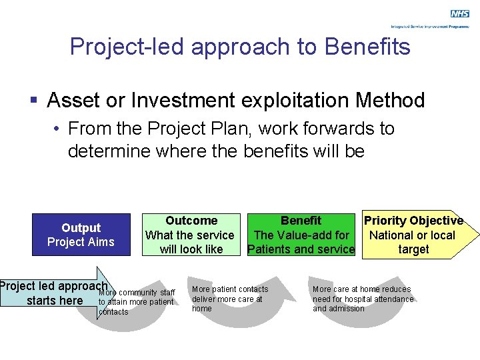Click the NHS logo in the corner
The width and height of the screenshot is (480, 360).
[x=459, y=14]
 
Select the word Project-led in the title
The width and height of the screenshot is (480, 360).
[x=119, y=46]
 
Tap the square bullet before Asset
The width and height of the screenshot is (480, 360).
[x=34, y=101]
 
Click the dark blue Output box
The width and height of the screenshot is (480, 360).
[x=81, y=235]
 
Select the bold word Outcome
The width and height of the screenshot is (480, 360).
[x=191, y=221]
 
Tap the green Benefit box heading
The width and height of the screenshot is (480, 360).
[x=301, y=221]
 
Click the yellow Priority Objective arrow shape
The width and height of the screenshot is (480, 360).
[x=417, y=235]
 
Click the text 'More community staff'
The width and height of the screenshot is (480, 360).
[x=137, y=293]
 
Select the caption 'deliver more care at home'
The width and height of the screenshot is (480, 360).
[x=227, y=303]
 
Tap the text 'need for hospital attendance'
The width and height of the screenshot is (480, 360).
[x=363, y=299]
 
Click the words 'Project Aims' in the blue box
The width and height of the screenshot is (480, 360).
[x=81, y=242]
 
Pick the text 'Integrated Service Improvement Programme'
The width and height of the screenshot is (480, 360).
[x=430, y=27]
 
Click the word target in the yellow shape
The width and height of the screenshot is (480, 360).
[x=413, y=249]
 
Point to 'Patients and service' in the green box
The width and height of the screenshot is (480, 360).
[x=301, y=249]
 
